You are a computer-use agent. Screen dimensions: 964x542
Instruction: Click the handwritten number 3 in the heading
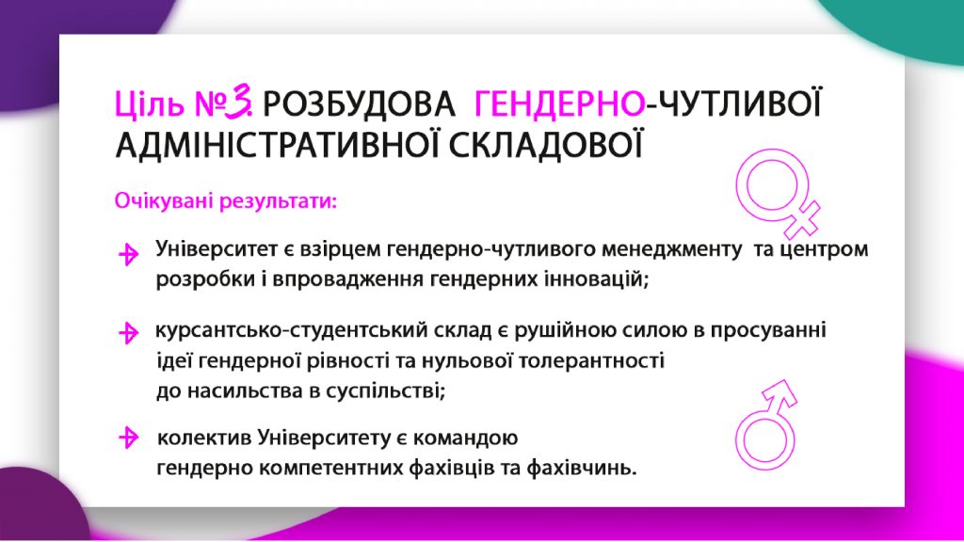tap(238, 102)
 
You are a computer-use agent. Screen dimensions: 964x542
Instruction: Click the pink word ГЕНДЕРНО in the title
tap(559, 104)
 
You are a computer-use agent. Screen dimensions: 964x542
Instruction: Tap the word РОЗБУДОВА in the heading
tap(359, 104)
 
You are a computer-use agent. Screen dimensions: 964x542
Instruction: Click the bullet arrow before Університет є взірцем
tap(128, 254)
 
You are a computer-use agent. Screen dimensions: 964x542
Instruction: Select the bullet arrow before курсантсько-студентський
tap(128, 332)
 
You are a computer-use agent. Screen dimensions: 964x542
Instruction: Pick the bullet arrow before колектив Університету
tap(128, 438)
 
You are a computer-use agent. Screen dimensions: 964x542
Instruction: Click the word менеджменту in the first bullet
tap(671, 249)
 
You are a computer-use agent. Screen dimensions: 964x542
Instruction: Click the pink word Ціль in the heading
tap(150, 104)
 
